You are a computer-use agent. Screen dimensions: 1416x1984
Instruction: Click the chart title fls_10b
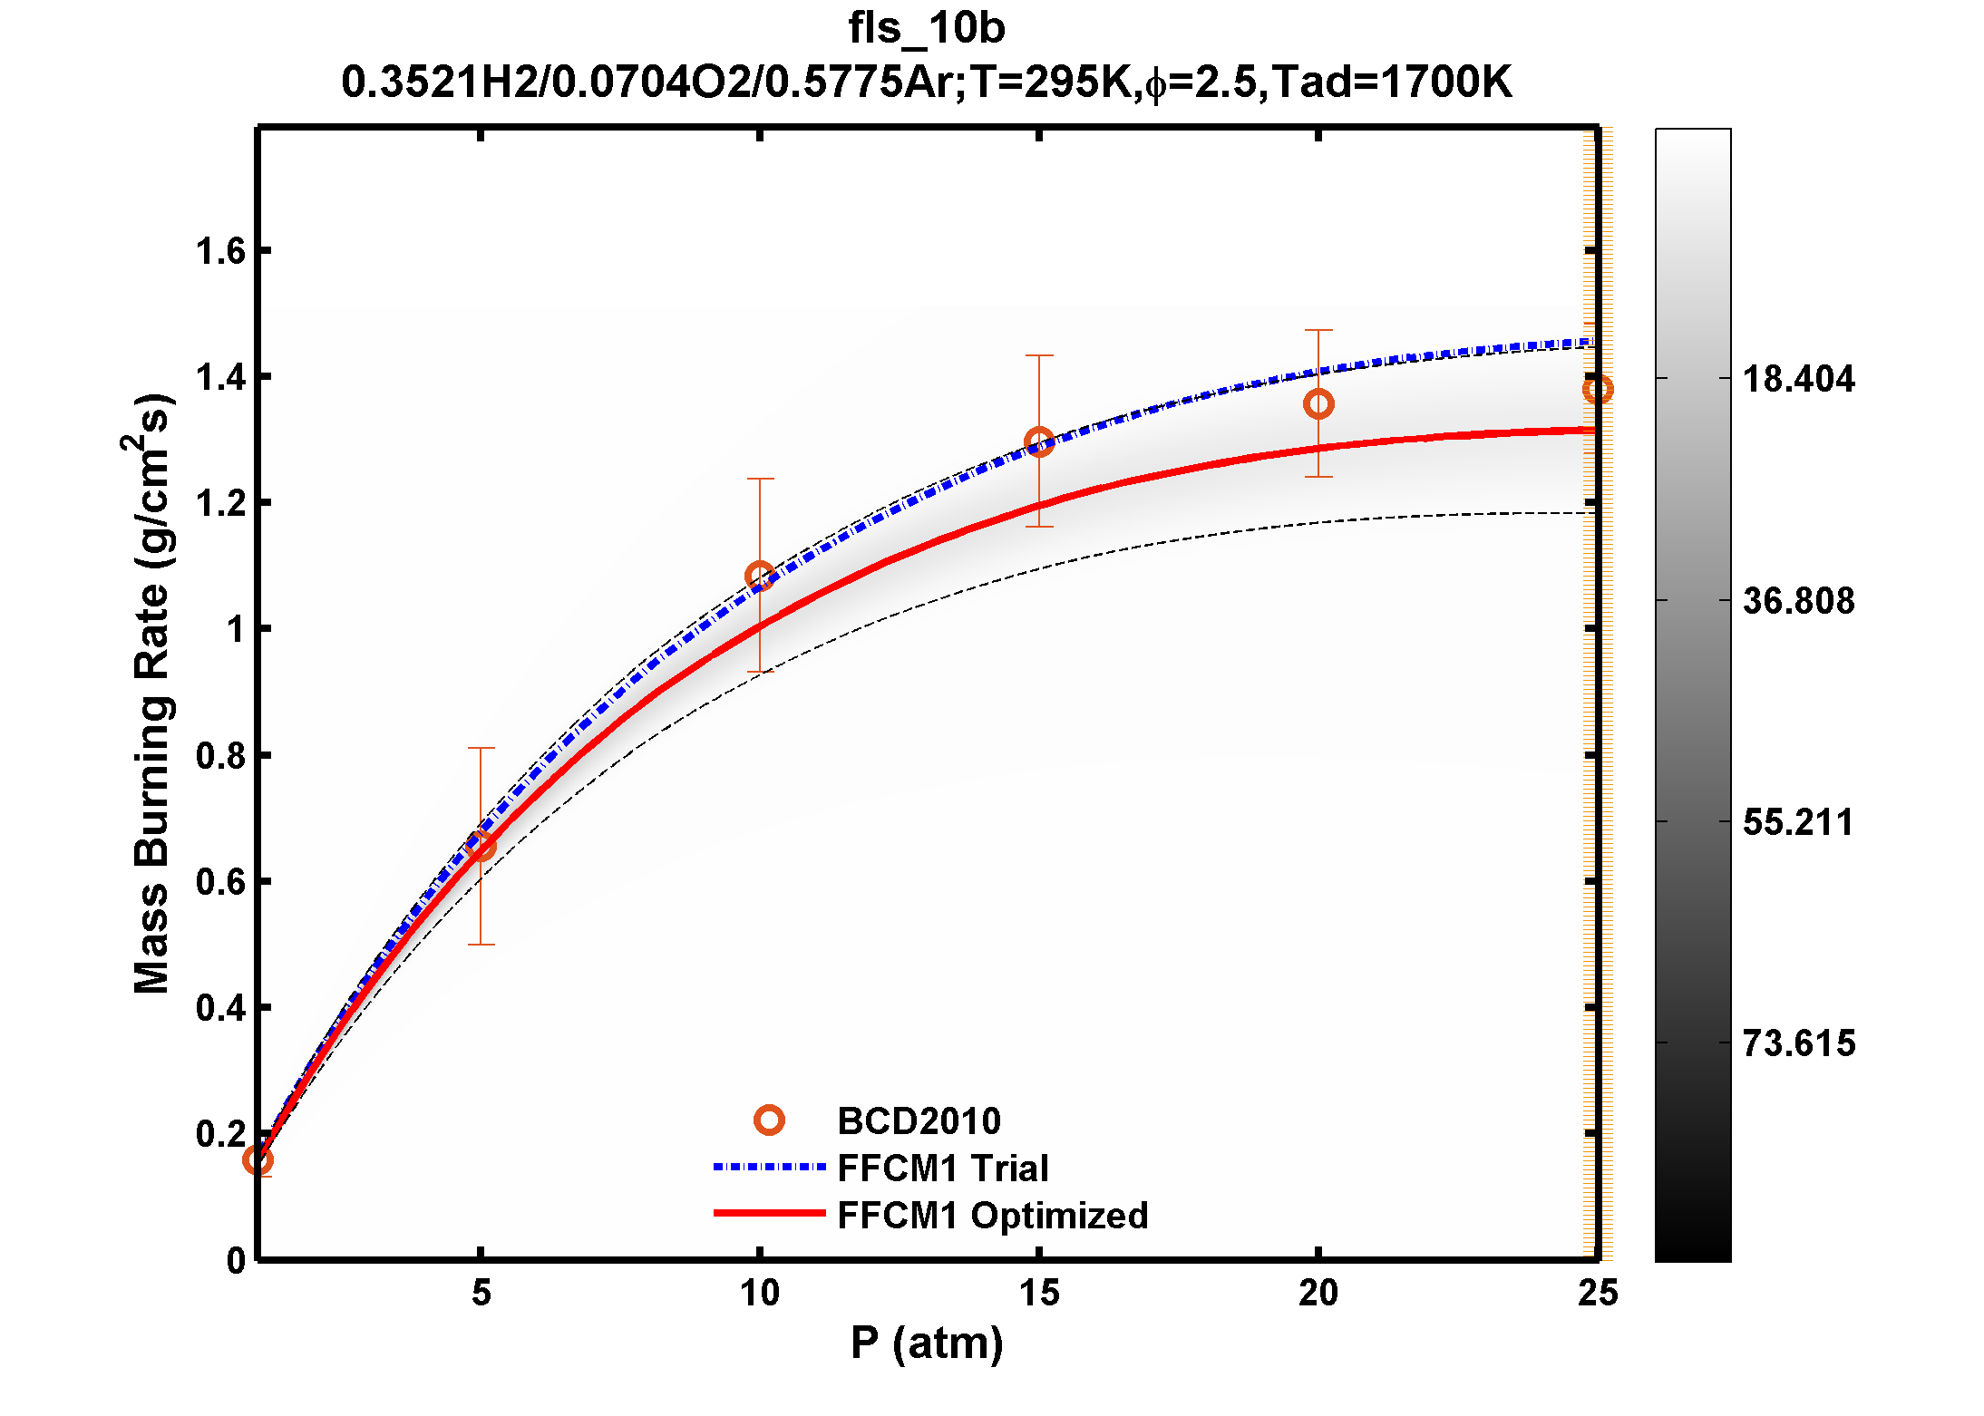click(926, 29)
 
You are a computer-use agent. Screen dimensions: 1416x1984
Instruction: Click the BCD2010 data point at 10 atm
click(760, 576)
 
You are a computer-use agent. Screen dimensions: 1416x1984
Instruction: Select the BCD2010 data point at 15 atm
click(1039, 442)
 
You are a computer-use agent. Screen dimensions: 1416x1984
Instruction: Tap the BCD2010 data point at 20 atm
click(1318, 403)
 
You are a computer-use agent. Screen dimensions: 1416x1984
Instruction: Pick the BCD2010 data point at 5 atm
click(481, 847)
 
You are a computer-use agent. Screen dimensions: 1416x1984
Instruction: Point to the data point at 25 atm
click(1597, 390)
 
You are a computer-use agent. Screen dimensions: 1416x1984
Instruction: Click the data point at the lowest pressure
click(258, 1159)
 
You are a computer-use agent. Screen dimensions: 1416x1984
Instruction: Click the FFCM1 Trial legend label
click(942, 1168)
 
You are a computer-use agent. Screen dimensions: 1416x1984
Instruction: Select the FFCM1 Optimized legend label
click(992, 1215)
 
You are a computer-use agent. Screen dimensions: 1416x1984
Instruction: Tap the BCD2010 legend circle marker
click(769, 1120)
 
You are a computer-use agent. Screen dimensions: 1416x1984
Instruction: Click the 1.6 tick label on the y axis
click(220, 251)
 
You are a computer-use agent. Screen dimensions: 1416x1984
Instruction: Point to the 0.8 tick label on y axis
click(220, 755)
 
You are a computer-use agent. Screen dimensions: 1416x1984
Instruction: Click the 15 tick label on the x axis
click(1039, 1293)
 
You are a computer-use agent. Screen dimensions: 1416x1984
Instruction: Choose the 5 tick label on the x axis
click(481, 1293)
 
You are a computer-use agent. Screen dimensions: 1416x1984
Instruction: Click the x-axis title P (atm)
click(926, 1343)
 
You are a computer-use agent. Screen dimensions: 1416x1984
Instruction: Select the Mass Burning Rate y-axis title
click(151, 693)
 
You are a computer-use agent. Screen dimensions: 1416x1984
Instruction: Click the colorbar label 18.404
click(1798, 379)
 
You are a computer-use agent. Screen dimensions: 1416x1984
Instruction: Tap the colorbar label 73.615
click(1798, 1043)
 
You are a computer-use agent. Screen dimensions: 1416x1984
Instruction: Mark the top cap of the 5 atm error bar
click(481, 748)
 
